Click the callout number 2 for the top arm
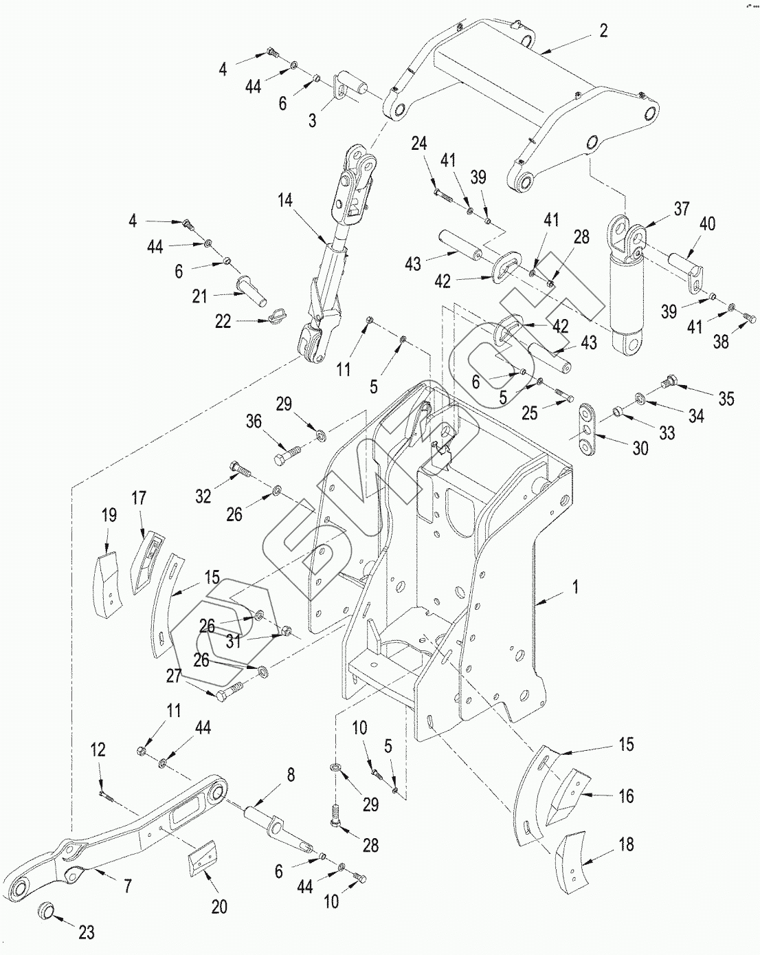point(603,31)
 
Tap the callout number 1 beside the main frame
point(575,587)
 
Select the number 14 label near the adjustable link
point(285,201)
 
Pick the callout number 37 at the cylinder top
point(682,208)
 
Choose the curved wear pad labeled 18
point(574,861)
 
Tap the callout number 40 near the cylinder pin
point(708,224)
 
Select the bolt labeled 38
point(748,317)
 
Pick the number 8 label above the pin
point(290,775)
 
